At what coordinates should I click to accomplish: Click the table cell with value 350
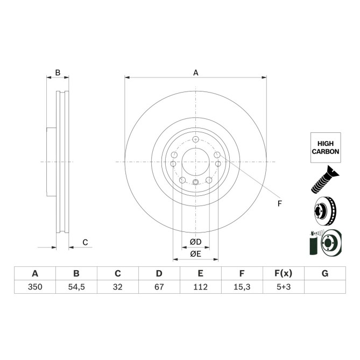(35, 287)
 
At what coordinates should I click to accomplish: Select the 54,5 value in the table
(76, 287)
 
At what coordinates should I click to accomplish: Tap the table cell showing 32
(118, 287)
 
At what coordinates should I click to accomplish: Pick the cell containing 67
(159, 287)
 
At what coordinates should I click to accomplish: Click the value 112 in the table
(200, 287)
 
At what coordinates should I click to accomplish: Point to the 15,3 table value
(242, 287)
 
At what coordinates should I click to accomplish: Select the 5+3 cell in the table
(283, 287)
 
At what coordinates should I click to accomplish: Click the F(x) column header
(283, 273)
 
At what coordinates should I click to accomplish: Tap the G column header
(324, 273)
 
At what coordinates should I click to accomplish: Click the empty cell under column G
(324, 287)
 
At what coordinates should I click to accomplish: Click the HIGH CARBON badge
(326, 148)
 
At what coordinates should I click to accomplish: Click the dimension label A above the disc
(196, 73)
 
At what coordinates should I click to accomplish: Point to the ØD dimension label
(195, 242)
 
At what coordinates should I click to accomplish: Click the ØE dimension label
(195, 254)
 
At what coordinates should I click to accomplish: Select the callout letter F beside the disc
(280, 203)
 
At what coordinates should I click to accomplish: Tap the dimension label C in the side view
(85, 242)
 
